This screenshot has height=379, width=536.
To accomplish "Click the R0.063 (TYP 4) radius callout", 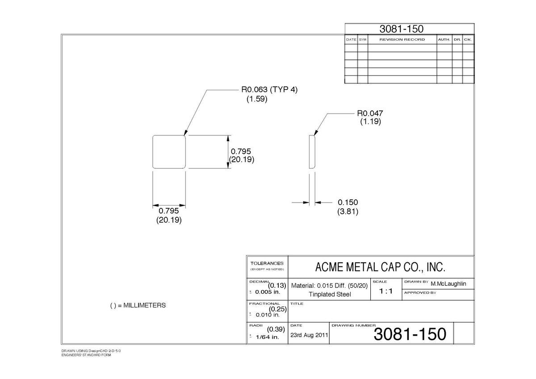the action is click(269, 89).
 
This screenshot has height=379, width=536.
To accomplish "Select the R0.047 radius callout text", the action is click(370, 113).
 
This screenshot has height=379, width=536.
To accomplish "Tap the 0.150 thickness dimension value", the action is click(348, 202).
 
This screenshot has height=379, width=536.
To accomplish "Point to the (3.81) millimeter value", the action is click(348, 212).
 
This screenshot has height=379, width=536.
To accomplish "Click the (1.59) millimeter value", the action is click(257, 99).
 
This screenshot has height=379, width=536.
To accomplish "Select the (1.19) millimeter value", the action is click(370, 122).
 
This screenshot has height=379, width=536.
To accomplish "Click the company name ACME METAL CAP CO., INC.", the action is click(380, 267).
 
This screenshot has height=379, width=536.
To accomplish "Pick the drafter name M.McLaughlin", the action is click(448, 284).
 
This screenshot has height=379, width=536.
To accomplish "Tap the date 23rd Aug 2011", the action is click(309, 335).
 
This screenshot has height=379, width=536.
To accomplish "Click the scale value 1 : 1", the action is click(386, 291).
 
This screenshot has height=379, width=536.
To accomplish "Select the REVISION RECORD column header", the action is click(402, 39).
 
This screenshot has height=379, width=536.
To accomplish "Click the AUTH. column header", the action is click(444, 39).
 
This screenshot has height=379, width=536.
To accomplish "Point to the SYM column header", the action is click(363, 39).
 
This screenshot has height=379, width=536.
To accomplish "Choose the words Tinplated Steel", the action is click(330, 294).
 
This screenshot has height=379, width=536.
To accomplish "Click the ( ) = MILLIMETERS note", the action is click(138, 305).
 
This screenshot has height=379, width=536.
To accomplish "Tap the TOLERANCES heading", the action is click(267, 263).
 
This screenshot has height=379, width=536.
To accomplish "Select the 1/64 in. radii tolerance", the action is click(268, 337).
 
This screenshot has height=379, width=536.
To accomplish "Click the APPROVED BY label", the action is click(420, 293).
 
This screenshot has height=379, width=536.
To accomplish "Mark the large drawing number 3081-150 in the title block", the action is click(410, 334).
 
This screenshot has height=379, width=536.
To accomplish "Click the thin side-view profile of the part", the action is click(312, 152).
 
